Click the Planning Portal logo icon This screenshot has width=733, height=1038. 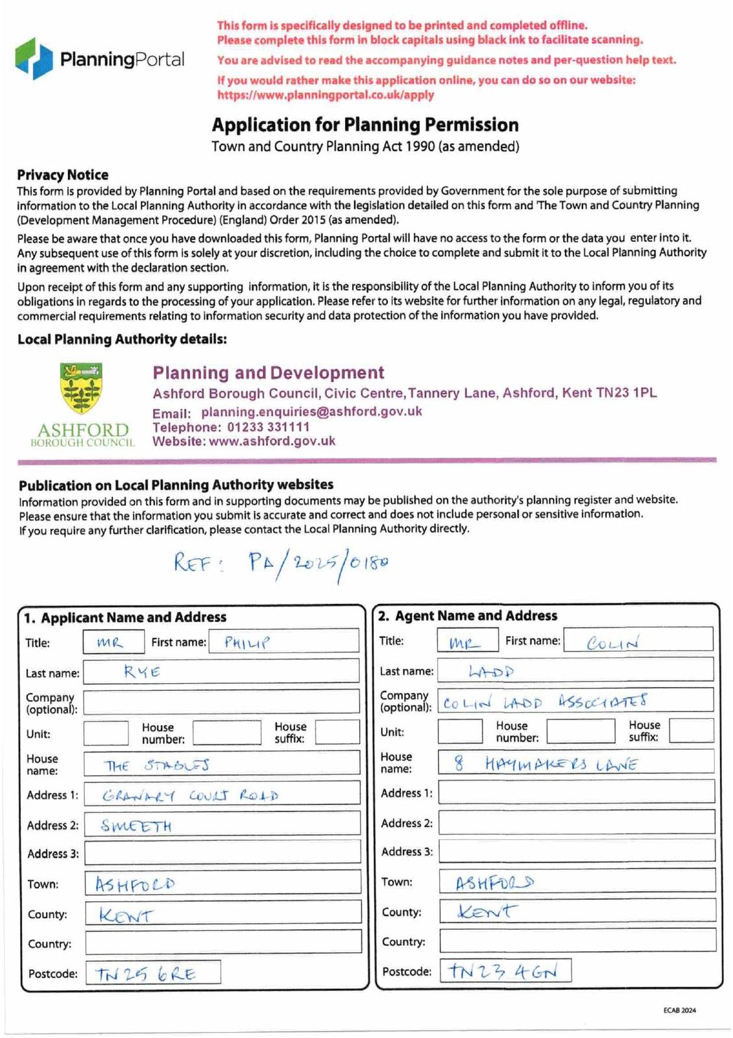coord(34,58)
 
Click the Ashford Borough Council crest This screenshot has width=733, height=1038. coord(80,389)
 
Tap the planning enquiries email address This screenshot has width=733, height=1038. coord(311,411)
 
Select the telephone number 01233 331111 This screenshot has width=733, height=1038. coord(268,427)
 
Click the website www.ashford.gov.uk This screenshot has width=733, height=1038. coord(272,441)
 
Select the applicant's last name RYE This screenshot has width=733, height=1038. coord(142,672)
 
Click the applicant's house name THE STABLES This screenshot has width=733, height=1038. coord(156,765)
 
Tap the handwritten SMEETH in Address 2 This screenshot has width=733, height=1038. coord(136,825)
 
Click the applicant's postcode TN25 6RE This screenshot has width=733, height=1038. coord(145,973)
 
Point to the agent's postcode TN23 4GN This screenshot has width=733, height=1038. coord(503,971)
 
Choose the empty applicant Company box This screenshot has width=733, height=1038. coord(221,702)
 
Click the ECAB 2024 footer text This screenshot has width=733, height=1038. coord(679,1010)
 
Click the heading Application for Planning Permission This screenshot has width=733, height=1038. coord(365,125)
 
